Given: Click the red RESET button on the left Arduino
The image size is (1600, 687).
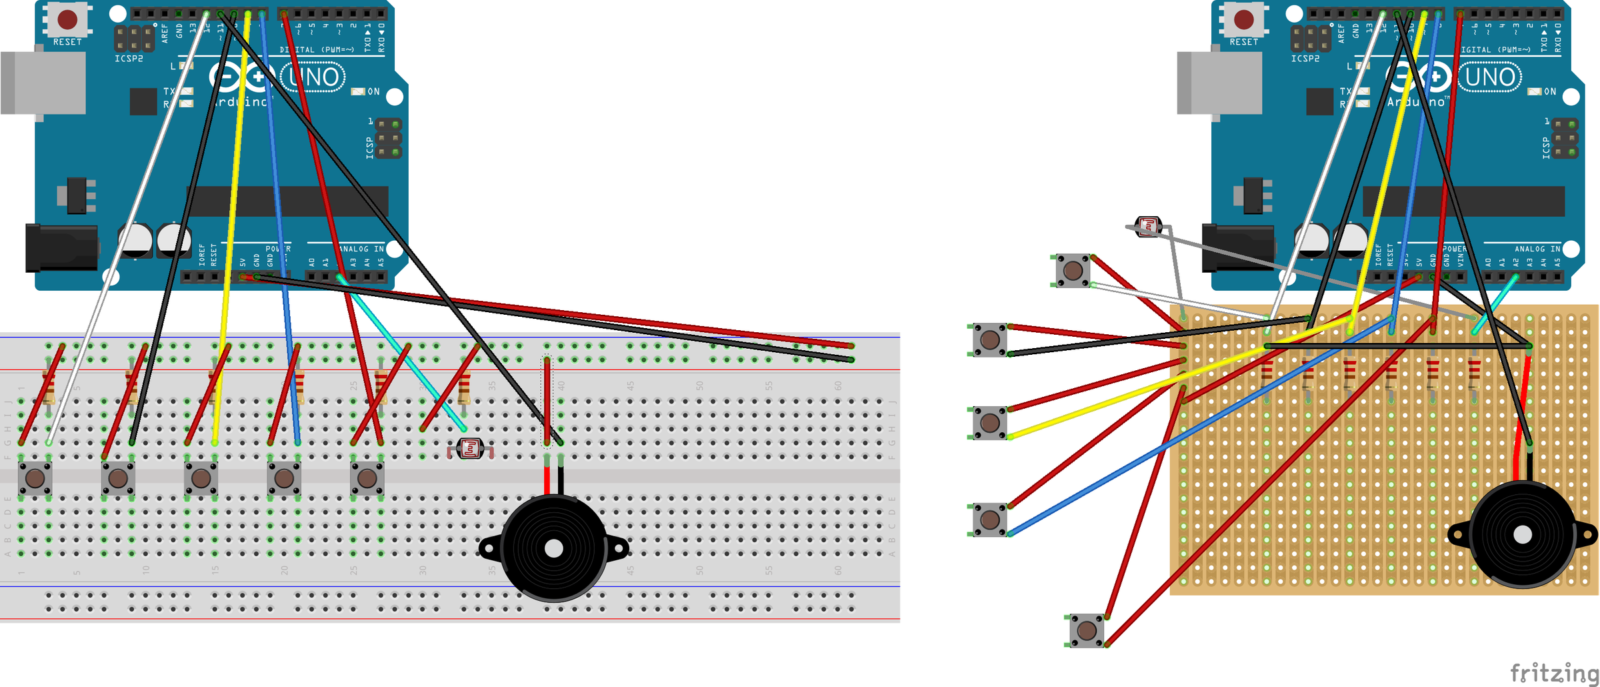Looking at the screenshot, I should point(67,19).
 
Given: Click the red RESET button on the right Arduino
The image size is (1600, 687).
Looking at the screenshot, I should point(1243,19).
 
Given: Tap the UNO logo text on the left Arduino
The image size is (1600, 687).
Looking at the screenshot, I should point(313,77).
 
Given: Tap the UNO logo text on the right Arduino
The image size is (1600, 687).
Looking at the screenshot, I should point(1490,77).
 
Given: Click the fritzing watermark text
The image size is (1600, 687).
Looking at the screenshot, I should point(1553,672).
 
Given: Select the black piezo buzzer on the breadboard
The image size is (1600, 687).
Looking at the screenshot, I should point(553,548).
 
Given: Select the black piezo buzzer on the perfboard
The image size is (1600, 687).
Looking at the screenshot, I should point(1523,534).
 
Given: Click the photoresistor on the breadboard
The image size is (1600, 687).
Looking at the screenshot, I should point(471,449).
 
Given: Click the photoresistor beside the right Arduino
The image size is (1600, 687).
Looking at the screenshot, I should point(1149,227).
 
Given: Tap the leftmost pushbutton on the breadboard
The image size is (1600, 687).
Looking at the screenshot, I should point(35,478).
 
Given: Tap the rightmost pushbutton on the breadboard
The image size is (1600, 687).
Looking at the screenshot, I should point(367,478).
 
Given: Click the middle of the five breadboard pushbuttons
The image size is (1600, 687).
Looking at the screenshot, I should point(201,478).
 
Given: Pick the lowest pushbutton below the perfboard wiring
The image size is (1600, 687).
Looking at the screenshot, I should point(1087,630).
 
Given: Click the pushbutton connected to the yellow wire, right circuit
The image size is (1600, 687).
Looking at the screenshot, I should point(990,423).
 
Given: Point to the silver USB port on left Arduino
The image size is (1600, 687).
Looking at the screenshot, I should point(43,83).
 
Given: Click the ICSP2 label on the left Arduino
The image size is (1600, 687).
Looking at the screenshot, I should point(129,59).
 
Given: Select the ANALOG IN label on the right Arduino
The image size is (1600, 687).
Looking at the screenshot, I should point(1537,249).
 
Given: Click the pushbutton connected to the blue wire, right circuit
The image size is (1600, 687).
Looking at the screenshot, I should point(990,519).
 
